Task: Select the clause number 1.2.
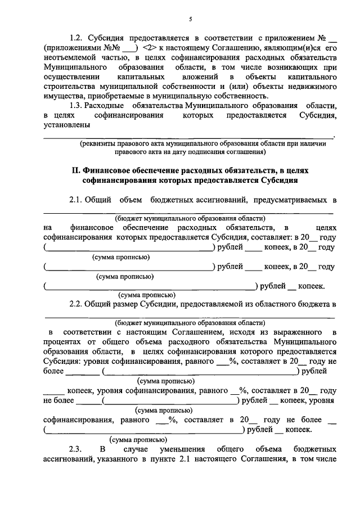[x=76, y=38]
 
